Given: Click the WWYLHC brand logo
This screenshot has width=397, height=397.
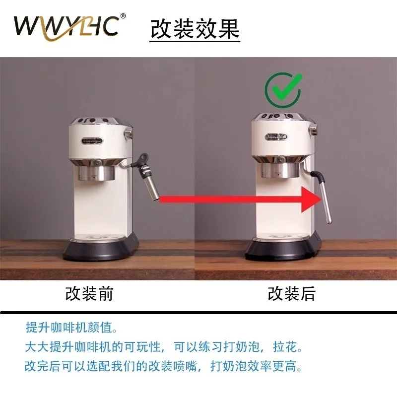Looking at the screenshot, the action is (67, 27).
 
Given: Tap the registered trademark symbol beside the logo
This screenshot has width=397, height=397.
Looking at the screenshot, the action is (123, 16).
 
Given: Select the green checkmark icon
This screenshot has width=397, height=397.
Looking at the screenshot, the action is (283, 90).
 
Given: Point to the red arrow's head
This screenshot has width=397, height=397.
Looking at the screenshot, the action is (312, 199).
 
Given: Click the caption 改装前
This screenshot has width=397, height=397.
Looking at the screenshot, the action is (89, 294).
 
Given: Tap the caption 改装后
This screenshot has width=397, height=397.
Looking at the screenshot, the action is (291, 294).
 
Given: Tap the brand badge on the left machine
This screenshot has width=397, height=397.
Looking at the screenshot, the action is (92, 140).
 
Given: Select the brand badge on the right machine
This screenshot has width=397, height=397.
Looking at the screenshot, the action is (277, 137).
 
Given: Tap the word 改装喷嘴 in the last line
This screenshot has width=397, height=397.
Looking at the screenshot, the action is (172, 366).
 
